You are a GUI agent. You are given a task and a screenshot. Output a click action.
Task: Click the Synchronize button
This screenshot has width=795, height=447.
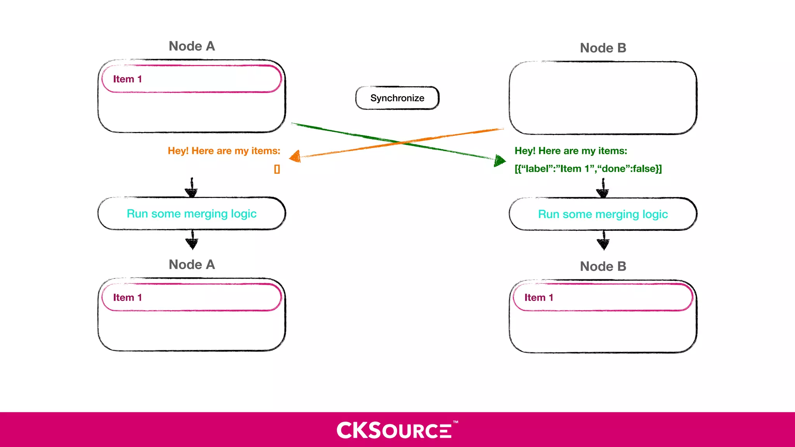coord(397,98)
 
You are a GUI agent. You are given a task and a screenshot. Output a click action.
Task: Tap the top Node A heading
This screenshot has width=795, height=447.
coord(191,46)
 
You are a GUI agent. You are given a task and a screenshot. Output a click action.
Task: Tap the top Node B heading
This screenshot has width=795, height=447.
coord(603,48)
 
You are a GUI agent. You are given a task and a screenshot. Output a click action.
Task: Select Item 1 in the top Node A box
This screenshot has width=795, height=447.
coord(191,79)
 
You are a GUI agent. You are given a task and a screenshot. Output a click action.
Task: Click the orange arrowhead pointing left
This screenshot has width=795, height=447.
coord(295,156)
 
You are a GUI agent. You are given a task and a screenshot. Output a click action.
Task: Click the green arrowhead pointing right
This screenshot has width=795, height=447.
coord(500,160)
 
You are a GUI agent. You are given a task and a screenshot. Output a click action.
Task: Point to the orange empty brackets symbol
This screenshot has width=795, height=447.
coord(277,169)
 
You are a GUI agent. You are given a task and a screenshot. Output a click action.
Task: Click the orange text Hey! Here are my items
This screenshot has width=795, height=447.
coord(224,151)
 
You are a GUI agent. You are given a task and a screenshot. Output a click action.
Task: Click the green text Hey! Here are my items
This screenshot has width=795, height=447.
coord(571,151)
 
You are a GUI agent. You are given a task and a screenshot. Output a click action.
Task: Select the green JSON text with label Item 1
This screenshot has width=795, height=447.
coord(588,169)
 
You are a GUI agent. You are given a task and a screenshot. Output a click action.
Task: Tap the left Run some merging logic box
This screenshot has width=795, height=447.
coord(191,214)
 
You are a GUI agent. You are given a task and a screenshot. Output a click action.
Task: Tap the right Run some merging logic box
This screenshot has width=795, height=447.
coord(603,214)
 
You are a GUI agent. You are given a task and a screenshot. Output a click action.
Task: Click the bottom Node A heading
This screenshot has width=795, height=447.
coord(191,265)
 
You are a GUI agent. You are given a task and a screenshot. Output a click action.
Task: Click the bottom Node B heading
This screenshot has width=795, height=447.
coord(603,267)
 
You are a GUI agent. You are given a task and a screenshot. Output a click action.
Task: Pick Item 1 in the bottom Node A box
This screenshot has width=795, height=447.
coord(191,298)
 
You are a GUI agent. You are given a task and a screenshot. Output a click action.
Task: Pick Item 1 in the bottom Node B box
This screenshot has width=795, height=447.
coord(603,298)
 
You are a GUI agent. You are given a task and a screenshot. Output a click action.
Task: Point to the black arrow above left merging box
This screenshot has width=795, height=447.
coord(191,188)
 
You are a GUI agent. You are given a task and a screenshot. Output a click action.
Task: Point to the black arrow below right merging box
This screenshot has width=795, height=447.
coord(603,241)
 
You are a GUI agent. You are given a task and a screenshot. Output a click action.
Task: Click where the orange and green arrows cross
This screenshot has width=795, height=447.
coord(400,142)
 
